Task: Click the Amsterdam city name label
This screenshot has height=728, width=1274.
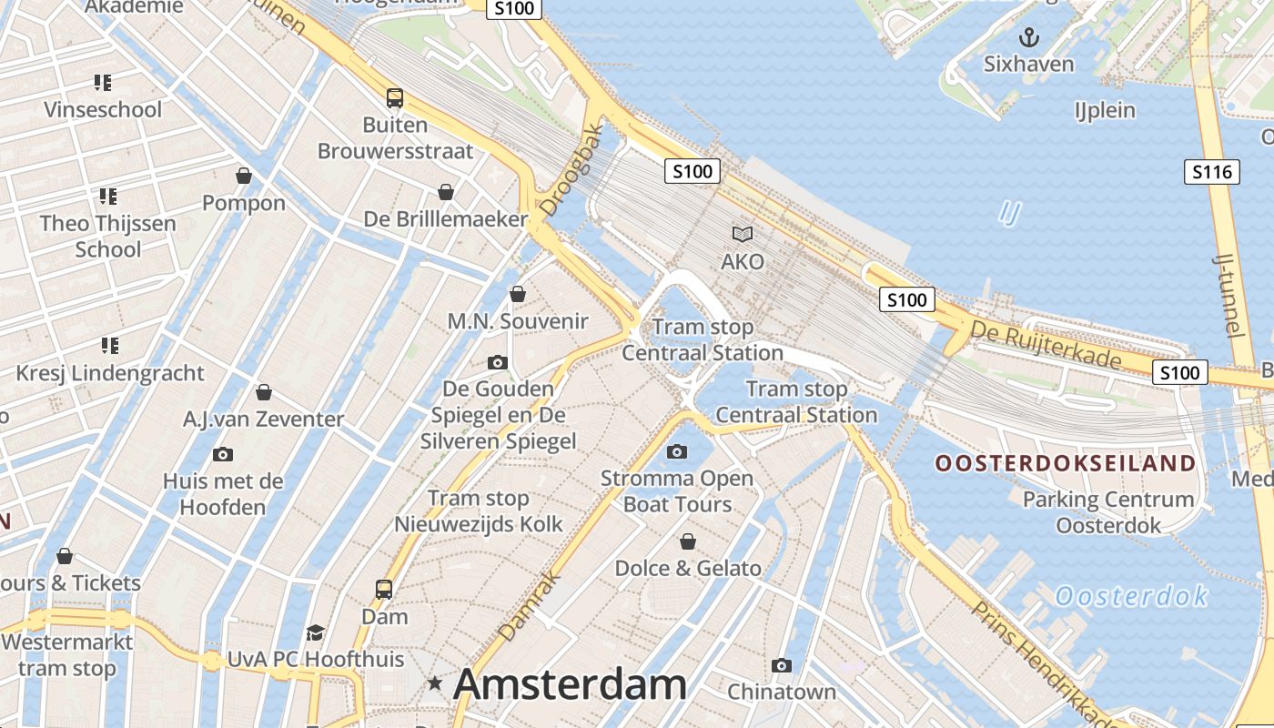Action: point(570,684)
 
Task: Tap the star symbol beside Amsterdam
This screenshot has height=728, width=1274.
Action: point(436,682)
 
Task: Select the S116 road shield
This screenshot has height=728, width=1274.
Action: point(1211,171)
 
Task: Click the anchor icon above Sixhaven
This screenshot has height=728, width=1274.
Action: point(1028,37)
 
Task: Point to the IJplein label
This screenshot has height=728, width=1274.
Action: point(1105,110)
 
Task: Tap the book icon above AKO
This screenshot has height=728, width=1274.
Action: point(743,235)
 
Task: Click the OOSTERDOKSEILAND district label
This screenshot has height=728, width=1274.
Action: point(1066,463)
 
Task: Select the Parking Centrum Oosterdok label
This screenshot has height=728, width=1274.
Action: point(1108,512)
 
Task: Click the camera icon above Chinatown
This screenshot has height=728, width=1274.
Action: point(781,665)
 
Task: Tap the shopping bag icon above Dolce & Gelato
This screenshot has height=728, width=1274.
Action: point(688,541)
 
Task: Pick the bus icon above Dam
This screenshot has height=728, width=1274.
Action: point(384,589)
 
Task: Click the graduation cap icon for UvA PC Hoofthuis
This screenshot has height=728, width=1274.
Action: point(315,632)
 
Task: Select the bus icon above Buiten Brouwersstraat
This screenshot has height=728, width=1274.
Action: point(394,97)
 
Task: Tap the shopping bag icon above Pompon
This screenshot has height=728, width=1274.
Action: point(244,175)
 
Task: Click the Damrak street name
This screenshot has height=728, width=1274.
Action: point(528,604)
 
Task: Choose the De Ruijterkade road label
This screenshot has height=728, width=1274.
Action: point(1046,344)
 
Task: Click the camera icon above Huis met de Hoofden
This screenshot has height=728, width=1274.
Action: point(223,454)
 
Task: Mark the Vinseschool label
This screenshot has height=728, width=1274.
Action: point(103,109)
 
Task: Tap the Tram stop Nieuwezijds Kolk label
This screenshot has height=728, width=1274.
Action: point(479,511)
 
